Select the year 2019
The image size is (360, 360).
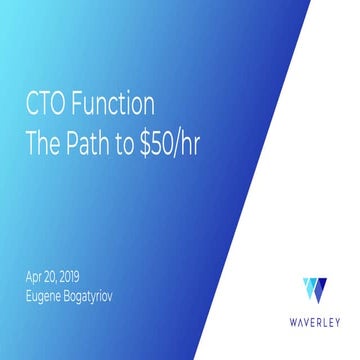(x=80, y=276)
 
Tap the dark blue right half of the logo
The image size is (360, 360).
(x=320, y=290)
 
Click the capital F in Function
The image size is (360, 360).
(x=81, y=103)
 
